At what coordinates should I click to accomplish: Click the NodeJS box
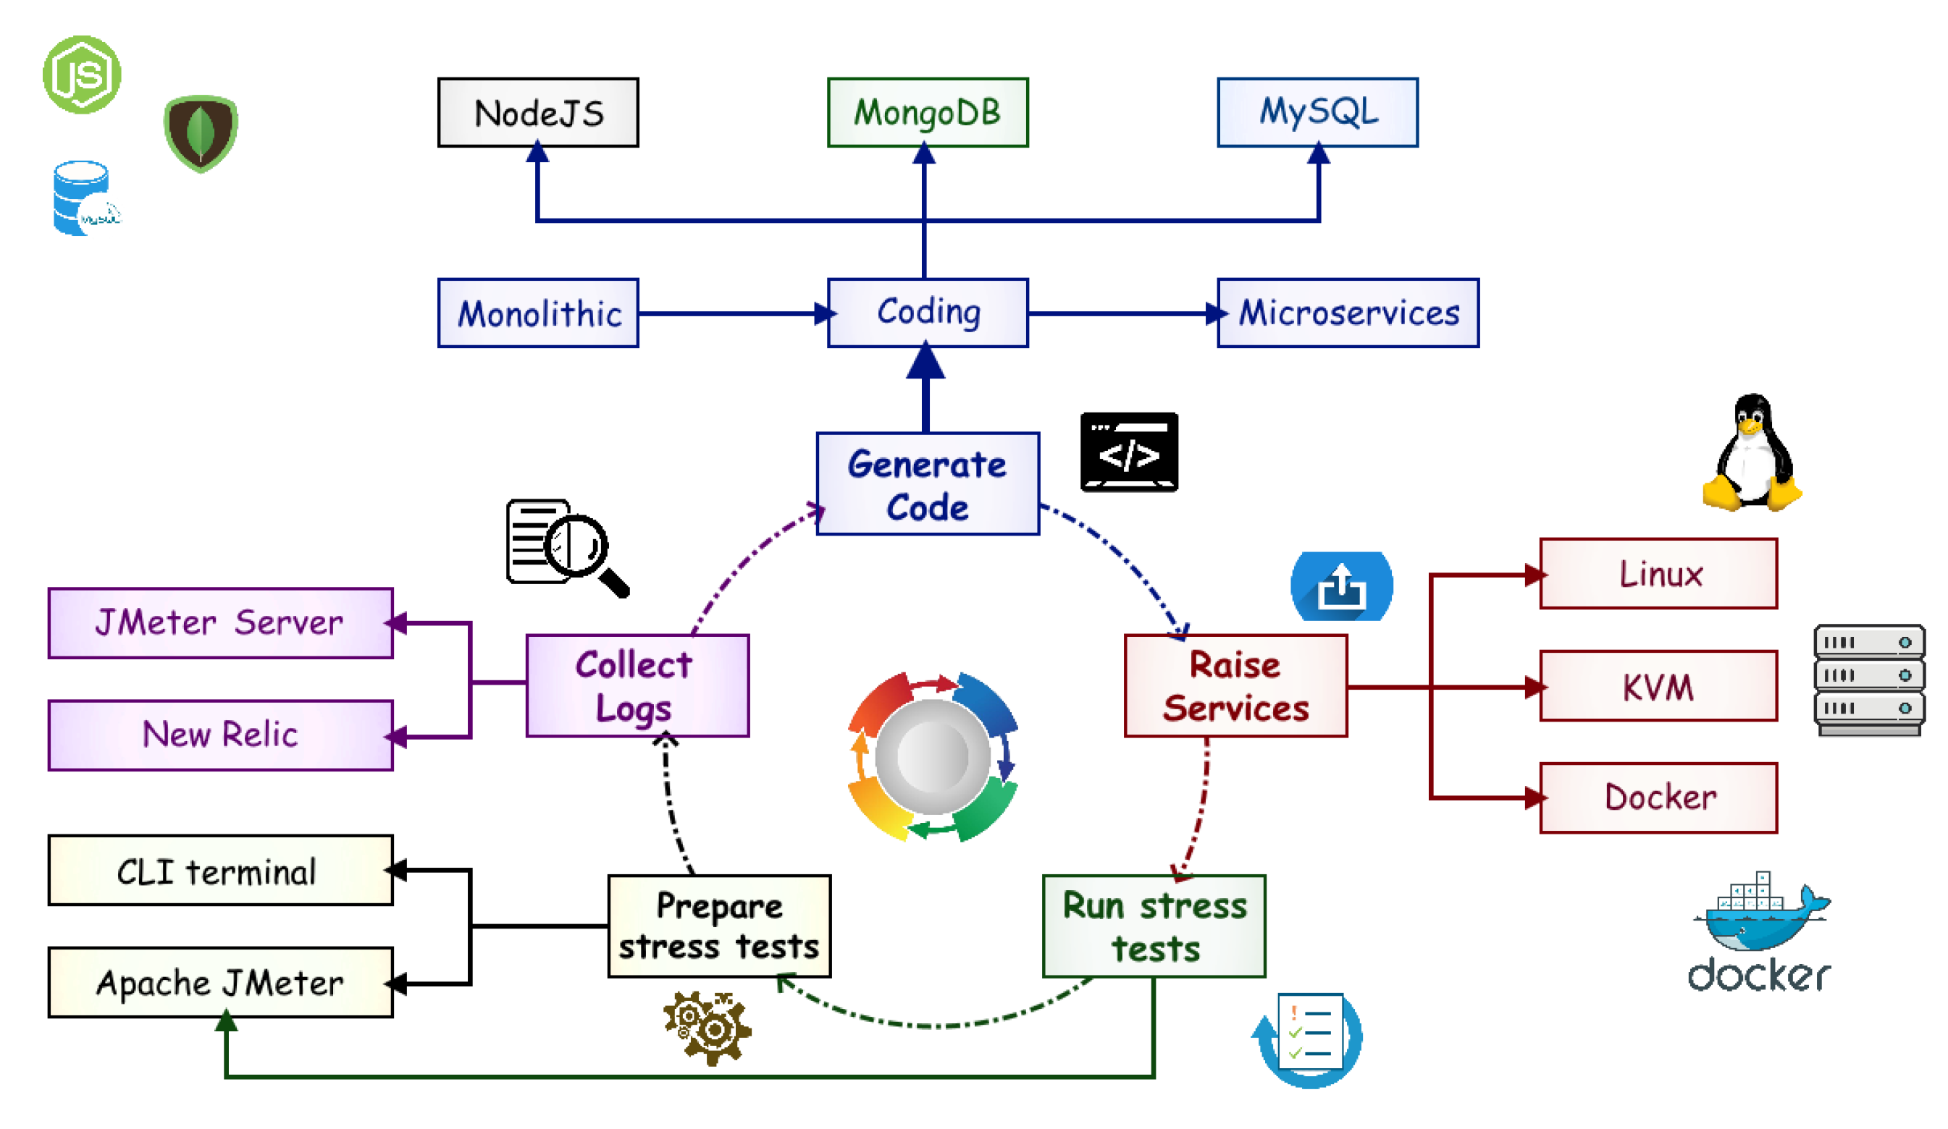pos(538,113)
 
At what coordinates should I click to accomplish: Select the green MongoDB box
pos(928,113)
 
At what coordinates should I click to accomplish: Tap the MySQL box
pos(1317,113)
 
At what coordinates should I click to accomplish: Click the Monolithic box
pos(538,313)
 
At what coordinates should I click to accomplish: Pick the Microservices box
pos(1348,313)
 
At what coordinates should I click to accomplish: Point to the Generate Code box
pos(928,483)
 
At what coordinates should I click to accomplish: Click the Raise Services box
pos(1235,685)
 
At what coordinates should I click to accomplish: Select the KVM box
pos(1658,685)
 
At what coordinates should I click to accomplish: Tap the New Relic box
pos(220,735)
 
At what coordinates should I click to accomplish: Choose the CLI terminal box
pos(220,870)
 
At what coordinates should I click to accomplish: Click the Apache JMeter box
pos(220,982)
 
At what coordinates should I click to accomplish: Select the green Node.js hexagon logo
pos(81,75)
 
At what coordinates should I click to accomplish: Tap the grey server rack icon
pos(1868,680)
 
